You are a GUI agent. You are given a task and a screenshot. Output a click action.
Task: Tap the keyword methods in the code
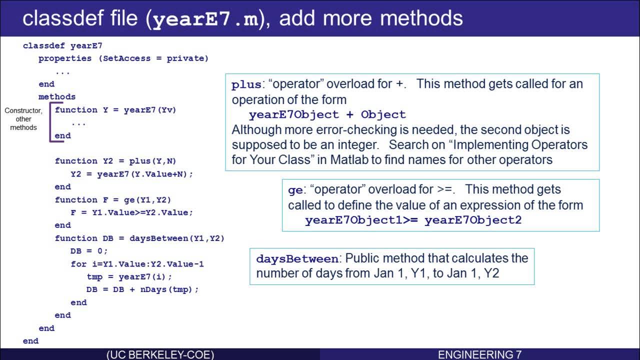[x=57, y=96]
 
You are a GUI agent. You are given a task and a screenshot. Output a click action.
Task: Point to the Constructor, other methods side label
[x=23, y=119]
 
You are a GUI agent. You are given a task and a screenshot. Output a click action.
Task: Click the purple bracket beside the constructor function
[x=50, y=122]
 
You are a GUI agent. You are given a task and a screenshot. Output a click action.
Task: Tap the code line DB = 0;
[x=89, y=251]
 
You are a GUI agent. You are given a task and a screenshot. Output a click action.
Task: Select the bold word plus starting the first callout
[x=246, y=84]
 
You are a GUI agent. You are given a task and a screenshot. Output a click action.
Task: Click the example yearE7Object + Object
[x=327, y=114]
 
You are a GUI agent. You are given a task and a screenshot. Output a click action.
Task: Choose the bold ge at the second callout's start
[x=295, y=190]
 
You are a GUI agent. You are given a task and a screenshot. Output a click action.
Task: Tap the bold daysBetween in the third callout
[x=297, y=258]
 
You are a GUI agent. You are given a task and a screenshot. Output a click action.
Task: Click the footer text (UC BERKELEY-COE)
[x=160, y=354]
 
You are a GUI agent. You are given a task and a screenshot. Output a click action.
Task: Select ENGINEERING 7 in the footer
[x=479, y=354]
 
